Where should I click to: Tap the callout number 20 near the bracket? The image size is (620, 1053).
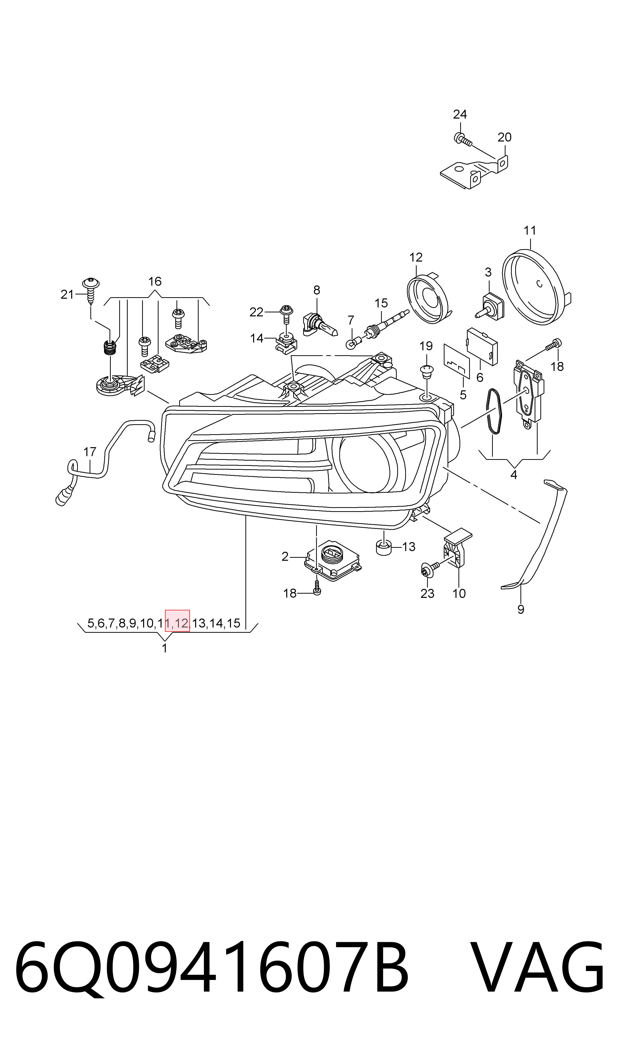(x=504, y=137)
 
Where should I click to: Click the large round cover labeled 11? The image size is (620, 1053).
(x=536, y=287)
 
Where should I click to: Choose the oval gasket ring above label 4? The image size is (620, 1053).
(x=493, y=411)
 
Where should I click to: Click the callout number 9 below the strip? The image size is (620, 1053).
(x=521, y=610)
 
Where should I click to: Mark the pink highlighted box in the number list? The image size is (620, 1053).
(x=177, y=621)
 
